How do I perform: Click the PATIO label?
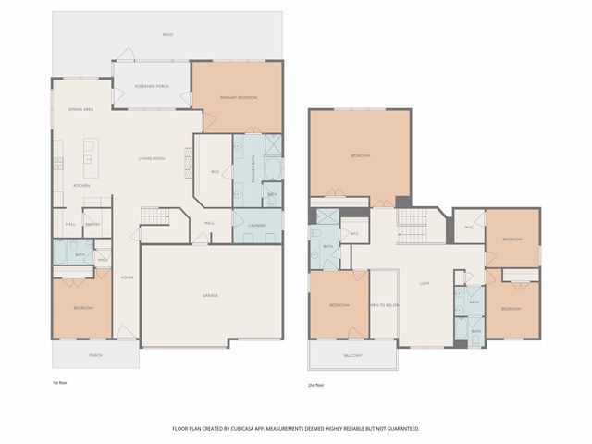coord(167,35)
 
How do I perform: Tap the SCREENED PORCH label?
coord(151,86)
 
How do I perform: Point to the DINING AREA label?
coord(80,110)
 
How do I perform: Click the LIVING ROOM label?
coord(152,158)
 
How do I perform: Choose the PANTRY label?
coord(92,224)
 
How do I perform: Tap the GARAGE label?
coord(211,295)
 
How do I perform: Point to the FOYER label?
coord(127,277)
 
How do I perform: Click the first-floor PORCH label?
coord(95,354)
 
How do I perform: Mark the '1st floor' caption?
coord(61,381)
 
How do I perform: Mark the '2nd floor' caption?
coord(316,384)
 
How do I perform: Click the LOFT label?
coord(425,283)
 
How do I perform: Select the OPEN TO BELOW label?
coord(383,304)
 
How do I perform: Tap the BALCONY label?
coord(352,355)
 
